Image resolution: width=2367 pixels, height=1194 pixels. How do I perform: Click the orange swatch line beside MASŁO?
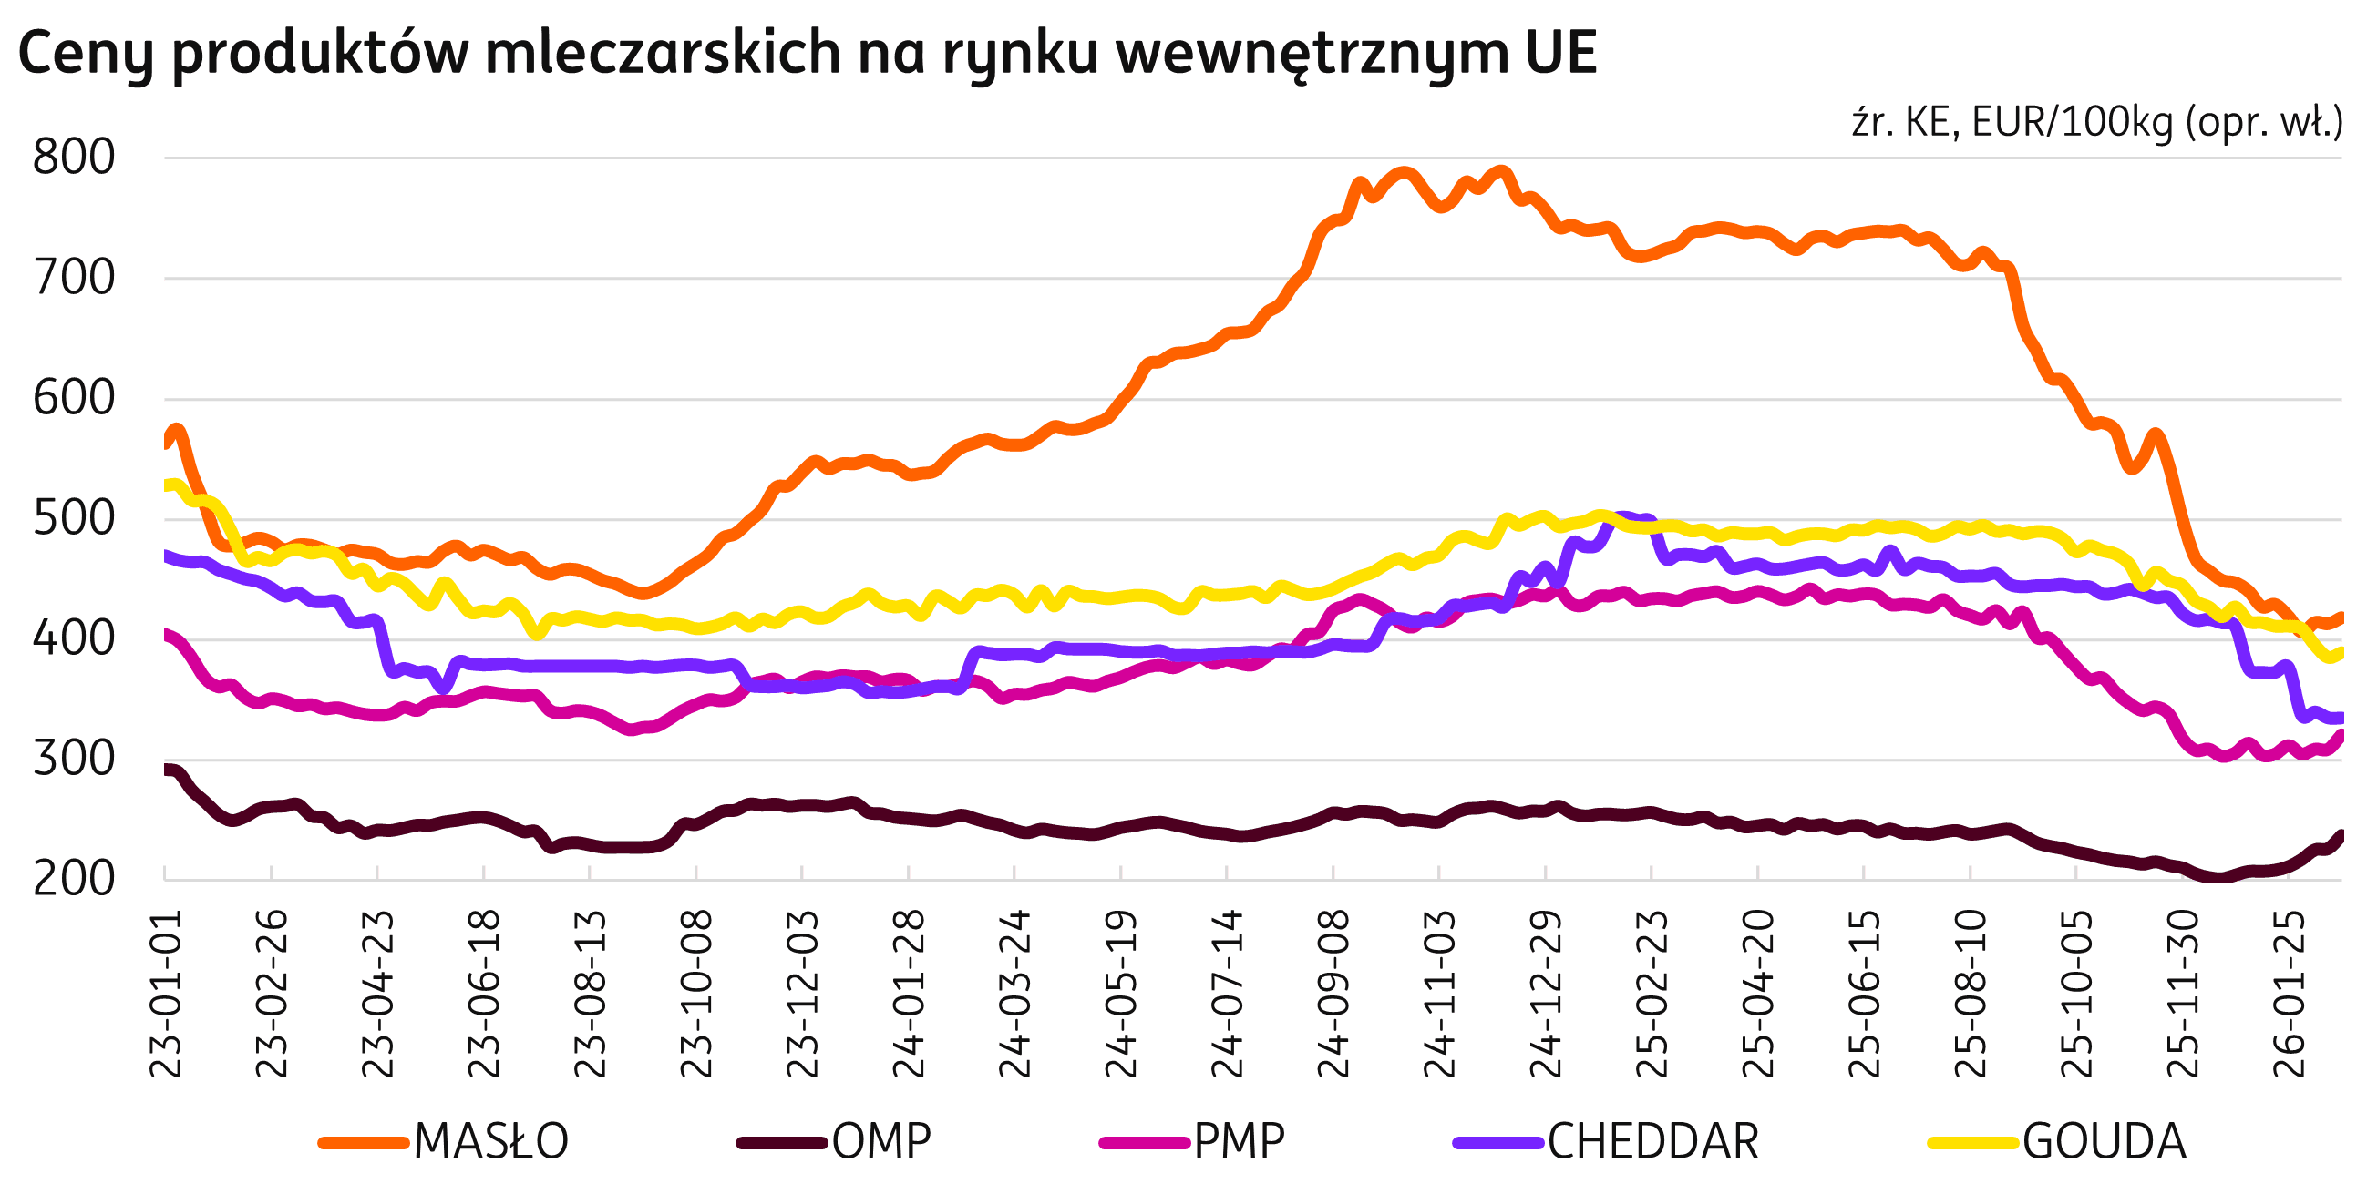(364, 1143)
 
